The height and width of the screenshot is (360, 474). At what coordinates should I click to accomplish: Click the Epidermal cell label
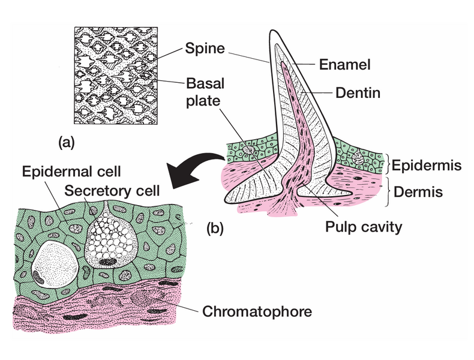(71, 171)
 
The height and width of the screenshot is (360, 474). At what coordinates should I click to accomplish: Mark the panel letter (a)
(67, 142)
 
